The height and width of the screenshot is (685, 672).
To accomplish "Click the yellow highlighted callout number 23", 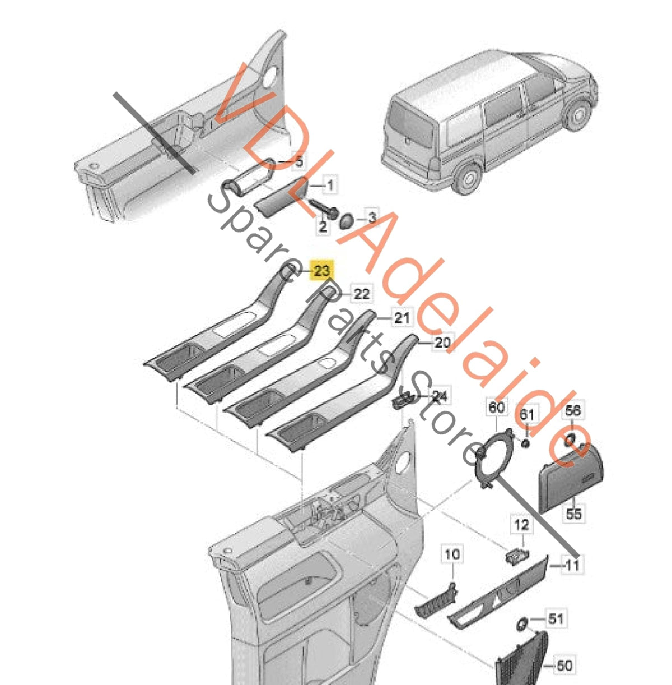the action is [x=322, y=271].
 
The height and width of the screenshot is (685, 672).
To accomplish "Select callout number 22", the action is [x=362, y=294].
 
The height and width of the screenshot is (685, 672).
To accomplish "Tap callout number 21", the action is [x=402, y=317].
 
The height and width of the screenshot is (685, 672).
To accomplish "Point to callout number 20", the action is [x=442, y=342].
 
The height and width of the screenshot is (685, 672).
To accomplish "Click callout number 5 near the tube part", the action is [x=300, y=162].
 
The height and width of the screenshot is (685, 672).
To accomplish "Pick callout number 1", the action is [x=330, y=185].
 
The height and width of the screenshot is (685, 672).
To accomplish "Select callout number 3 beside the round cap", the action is [x=372, y=217].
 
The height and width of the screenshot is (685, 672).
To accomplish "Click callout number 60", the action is [x=497, y=407].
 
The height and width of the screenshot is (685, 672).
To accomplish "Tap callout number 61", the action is [x=527, y=414].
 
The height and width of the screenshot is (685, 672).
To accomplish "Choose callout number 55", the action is [x=574, y=513].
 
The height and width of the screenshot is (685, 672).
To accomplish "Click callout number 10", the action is [x=452, y=554].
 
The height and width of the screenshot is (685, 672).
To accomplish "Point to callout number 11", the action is [x=572, y=564].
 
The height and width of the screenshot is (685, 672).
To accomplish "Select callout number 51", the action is [x=556, y=618].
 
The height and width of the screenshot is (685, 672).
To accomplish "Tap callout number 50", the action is [x=564, y=665].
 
